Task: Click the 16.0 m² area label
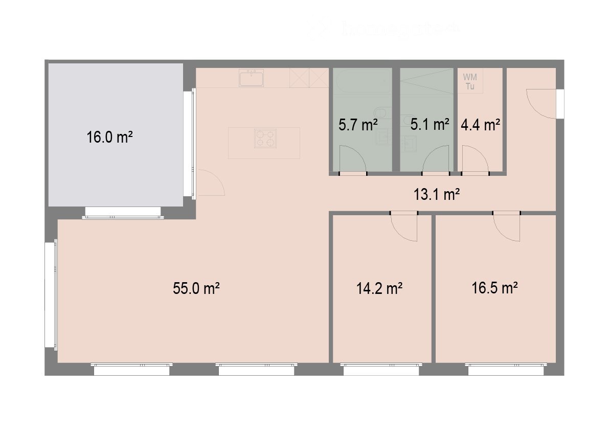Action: tap(110, 138)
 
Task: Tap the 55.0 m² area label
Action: tap(196, 288)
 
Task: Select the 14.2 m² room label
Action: tap(379, 288)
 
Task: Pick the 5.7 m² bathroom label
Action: tap(358, 124)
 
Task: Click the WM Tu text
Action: tap(469, 82)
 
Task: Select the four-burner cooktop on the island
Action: tap(265, 138)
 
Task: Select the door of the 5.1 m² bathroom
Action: tap(436, 159)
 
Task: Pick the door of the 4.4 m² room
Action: tap(475, 159)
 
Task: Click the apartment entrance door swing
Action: tap(541, 104)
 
